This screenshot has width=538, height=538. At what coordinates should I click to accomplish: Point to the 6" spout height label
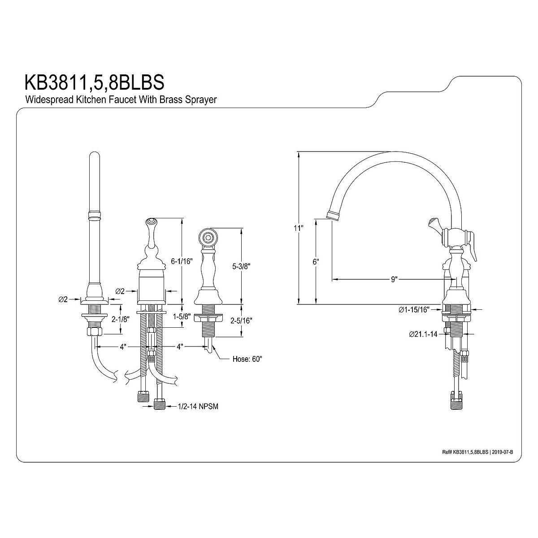[x=316, y=262]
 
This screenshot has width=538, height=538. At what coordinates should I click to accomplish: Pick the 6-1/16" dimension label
[x=182, y=261]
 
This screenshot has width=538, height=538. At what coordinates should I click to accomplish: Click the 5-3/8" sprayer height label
[x=241, y=266]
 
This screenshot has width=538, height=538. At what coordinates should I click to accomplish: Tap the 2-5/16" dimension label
[x=241, y=321]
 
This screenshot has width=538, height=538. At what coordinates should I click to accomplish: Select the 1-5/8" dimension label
[x=182, y=317]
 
